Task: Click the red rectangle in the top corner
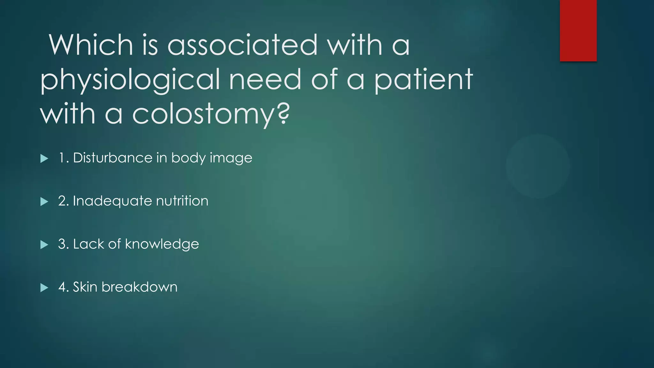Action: (x=578, y=31)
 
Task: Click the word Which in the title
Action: (x=91, y=45)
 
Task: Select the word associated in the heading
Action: (x=242, y=45)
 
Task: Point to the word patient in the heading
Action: (x=423, y=80)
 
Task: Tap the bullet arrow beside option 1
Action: (x=44, y=158)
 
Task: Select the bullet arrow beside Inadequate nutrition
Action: (x=44, y=202)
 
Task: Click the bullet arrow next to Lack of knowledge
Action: (x=44, y=245)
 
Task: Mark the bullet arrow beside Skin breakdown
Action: (x=44, y=288)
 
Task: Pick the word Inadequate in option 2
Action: (x=112, y=201)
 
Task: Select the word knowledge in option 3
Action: (x=162, y=244)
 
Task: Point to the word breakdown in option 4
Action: (x=139, y=287)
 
